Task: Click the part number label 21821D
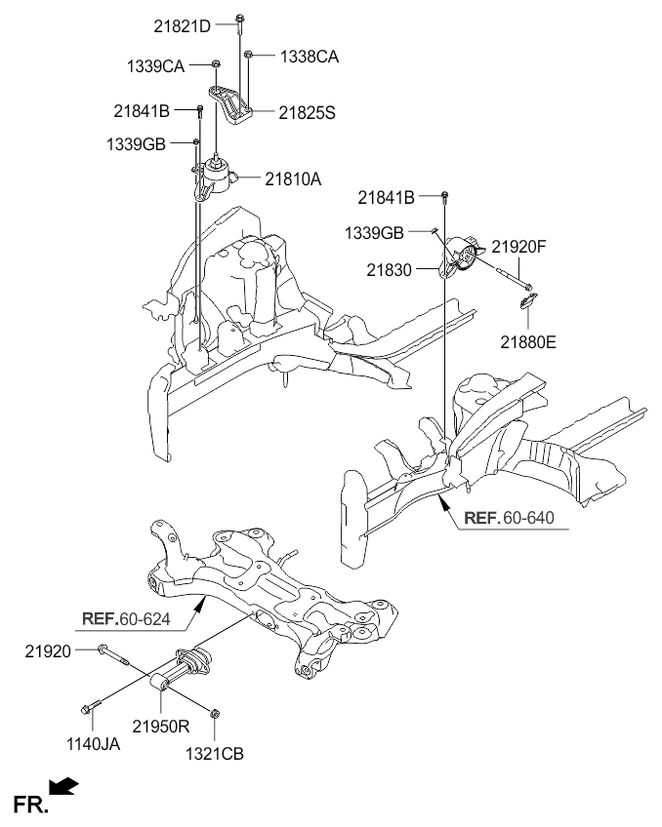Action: (183, 25)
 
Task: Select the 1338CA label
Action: (310, 57)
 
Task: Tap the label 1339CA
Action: (155, 66)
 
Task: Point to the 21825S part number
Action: (307, 112)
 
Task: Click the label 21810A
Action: (293, 179)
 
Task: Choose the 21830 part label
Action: (389, 270)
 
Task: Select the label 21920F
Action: (518, 247)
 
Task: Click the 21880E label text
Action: (528, 342)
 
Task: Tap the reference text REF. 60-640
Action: (509, 518)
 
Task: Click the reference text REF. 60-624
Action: (126, 618)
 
